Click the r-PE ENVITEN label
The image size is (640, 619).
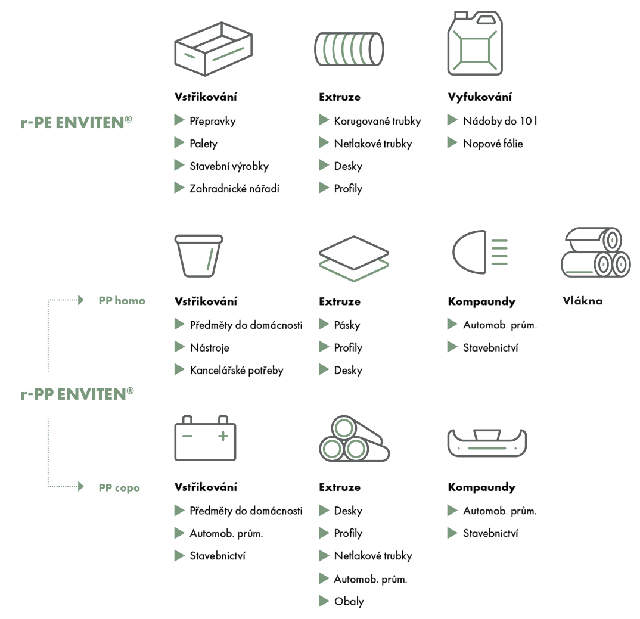click(x=76, y=122)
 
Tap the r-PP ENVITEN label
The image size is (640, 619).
click(x=77, y=394)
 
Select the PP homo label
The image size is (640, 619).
click(x=122, y=301)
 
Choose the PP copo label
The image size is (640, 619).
click(x=119, y=487)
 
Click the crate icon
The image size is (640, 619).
click(x=213, y=49)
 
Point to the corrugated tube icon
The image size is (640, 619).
click(x=349, y=49)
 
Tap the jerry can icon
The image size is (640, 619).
click(x=475, y=43)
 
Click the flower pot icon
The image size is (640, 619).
click(x=199, y=256)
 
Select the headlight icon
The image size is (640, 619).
click(x=480, y=252)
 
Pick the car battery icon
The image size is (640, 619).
click(x=206, y=438)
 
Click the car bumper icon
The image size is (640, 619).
click(x=487, y=443)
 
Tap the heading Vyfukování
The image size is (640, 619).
click(x=480, y=97)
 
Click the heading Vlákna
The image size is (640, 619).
click(x=582, y=301)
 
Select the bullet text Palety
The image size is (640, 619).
click(x=203, y=144)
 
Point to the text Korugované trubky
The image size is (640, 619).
click(x=377, y=121)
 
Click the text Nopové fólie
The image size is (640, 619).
click(x=493, y=144)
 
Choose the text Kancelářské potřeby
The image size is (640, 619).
click(x=237, y=371)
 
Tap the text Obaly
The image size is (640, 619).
click(x=349, y=602)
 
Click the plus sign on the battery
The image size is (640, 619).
click(x=223, y=436)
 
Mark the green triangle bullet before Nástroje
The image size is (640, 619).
click(x=179, y=347)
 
